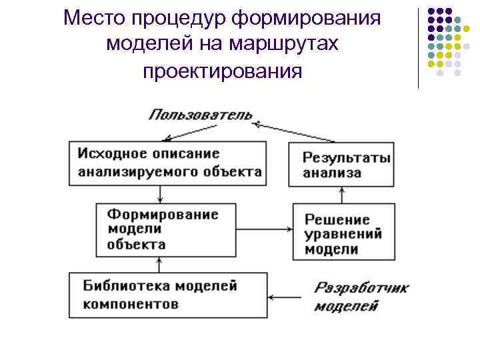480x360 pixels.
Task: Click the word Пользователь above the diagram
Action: coord(199,114)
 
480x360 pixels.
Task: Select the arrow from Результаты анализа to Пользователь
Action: coord(293,132)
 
